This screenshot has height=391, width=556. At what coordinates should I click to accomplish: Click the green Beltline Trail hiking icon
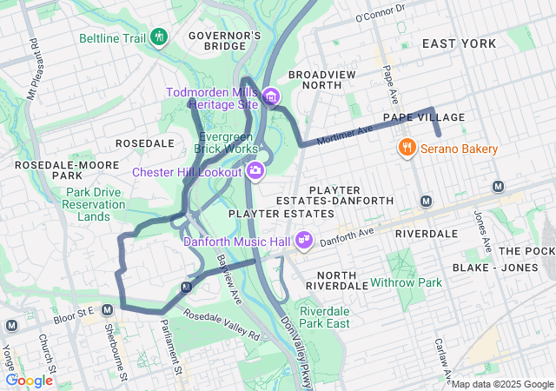[158, 37]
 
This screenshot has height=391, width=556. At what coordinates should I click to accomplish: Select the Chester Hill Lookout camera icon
[255, 170]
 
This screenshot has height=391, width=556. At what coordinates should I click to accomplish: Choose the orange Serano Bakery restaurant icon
[406, 149]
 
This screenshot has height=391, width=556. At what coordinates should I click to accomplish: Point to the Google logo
[30, 380]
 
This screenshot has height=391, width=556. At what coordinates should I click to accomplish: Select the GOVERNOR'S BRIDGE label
[224, 41]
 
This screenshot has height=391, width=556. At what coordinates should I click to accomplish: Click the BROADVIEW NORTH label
[321, 80]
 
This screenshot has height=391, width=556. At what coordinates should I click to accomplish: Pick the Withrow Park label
[406, 282]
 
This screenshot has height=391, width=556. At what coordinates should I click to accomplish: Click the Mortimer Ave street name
[344, 134]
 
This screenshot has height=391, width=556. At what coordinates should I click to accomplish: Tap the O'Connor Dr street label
[381, 14]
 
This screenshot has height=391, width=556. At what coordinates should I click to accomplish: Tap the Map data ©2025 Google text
[501, 384]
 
